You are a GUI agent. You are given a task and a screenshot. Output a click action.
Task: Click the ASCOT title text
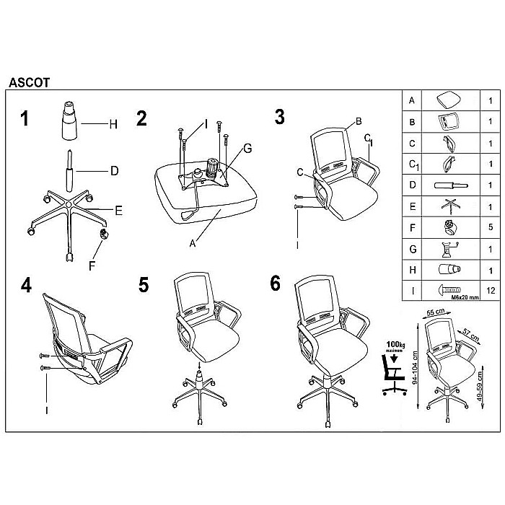pyautogui.click(x=30, y=83)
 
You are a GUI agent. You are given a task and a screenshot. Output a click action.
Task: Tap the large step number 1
pyautogui.click(x=25, y=118)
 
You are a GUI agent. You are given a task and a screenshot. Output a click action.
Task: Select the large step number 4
pyautogui.click(x=26, y=285)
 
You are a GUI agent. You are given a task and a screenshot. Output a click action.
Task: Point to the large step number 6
pyautogui.click(x=275, y=284)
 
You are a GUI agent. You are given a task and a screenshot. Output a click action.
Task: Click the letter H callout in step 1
pyautogui.click(x=113, y=124)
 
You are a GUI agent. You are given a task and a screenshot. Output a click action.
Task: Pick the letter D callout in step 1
pyautogui.click(x=114, y=171)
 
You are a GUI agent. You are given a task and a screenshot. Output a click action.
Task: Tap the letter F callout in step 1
pyautogui.click(x=92, y=265)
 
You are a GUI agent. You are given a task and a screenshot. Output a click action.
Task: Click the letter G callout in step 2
pyautogui.click(x=247, y=149)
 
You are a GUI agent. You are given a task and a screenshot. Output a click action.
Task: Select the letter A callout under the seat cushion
pyautogui.click(x=193, y=244)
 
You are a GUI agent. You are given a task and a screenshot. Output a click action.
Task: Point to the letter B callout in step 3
pyautogui.click(x=359, y=121)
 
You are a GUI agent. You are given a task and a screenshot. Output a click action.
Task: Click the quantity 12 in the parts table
pyautogui.click(x=491, y=291)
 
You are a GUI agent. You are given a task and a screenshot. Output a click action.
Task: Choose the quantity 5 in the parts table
pyautogui.click(x=491, y=227)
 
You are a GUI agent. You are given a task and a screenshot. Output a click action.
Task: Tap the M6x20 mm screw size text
pyautogui.click(x=465, y=297)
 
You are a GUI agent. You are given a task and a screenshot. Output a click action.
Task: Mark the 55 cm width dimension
pyautogui.click(x=436, y=312)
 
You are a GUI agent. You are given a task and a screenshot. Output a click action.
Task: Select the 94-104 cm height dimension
pyautogui.click(x=415, y=367)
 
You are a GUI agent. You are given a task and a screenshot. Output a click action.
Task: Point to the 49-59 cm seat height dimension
pyautogui.click(x=480, y=386)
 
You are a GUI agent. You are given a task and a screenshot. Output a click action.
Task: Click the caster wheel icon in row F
pyautogui.click(x=451, y=227)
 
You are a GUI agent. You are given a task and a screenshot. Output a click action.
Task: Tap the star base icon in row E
pyautogui.click(x=451, y=206)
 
